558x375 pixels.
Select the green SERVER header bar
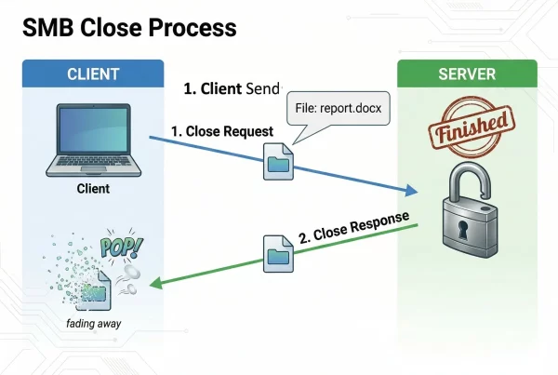(x=467, y=74)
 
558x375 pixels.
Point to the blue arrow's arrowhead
(x=409, y=192)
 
